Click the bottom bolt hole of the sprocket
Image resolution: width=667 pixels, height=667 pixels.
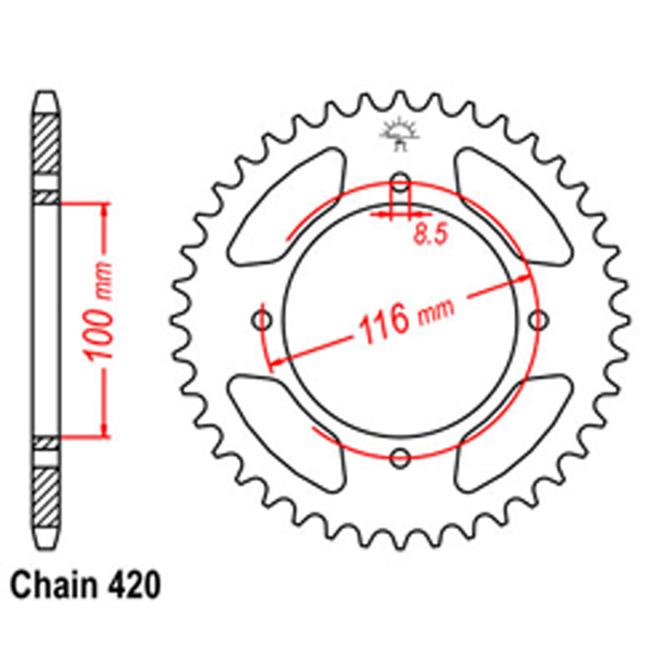pos(400,458)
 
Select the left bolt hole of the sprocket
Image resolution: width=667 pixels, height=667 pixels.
pos(263,321)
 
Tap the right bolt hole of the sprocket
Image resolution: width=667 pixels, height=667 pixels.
pos(538,321)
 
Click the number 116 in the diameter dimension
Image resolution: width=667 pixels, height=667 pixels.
pos(384,321)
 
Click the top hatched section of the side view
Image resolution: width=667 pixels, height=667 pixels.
pos(47,143)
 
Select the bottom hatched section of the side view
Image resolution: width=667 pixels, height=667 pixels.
pos(47,497)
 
